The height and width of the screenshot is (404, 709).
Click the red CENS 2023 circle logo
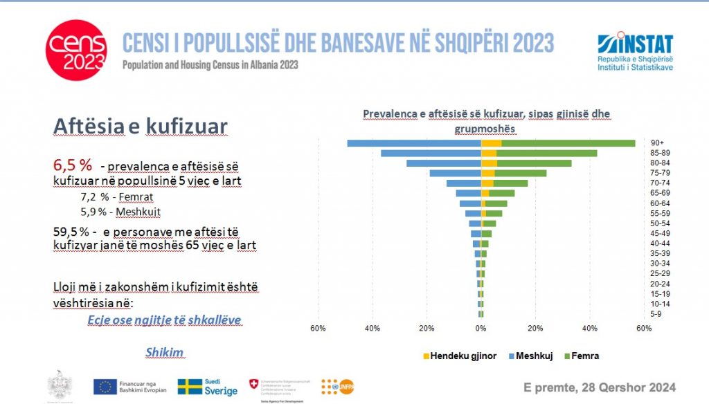(x=77, y=50)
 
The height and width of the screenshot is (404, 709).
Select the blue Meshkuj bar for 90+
(x=414, y=143)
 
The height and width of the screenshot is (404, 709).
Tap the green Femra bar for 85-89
(x=547, y=153)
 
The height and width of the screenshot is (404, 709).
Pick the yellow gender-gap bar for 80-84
(x=488, y=163)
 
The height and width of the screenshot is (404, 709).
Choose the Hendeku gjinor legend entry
(x=459, y=356)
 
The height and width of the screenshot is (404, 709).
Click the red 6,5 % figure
(x=73, y=165)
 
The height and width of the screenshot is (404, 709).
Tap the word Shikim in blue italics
(x=164, y=352)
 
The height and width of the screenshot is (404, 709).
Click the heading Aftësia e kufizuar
(x=140, y=127)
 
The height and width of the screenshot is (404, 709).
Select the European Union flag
(x=105, y=386)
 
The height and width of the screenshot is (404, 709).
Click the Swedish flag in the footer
(x=191, y=386)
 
